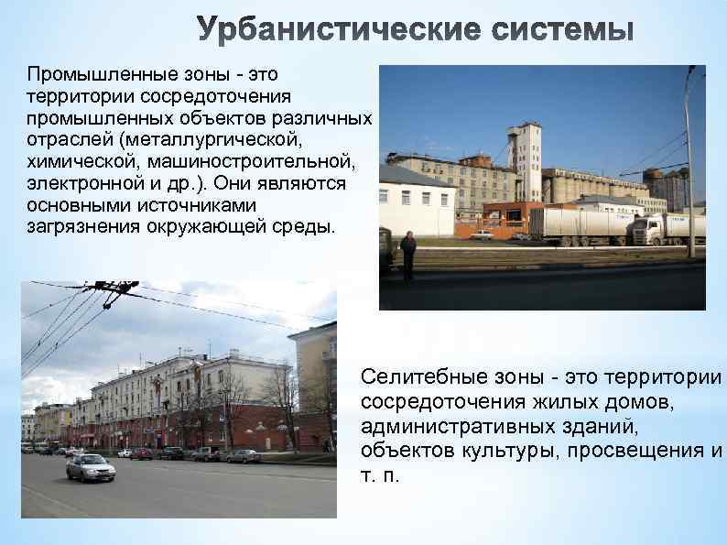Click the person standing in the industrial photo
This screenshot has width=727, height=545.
click(x=408, y=254)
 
